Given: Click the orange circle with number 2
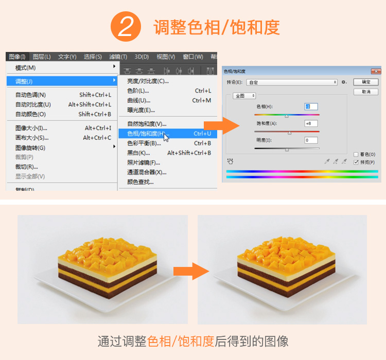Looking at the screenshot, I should [126, 26].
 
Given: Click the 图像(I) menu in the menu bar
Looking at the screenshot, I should [17, 57].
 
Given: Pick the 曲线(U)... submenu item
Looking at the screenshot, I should [139, 100].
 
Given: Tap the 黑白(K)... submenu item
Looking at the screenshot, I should [138, 153].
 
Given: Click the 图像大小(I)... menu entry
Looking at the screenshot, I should [31, 128].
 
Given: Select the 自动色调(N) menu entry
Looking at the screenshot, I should [30, 95].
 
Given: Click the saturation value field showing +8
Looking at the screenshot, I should [311, 123].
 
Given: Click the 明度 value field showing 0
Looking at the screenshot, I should [311, 140].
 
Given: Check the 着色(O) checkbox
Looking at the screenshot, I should [356, 154].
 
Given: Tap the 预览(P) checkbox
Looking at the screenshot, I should [356, 161].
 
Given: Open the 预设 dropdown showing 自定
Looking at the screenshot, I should [292, 82].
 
